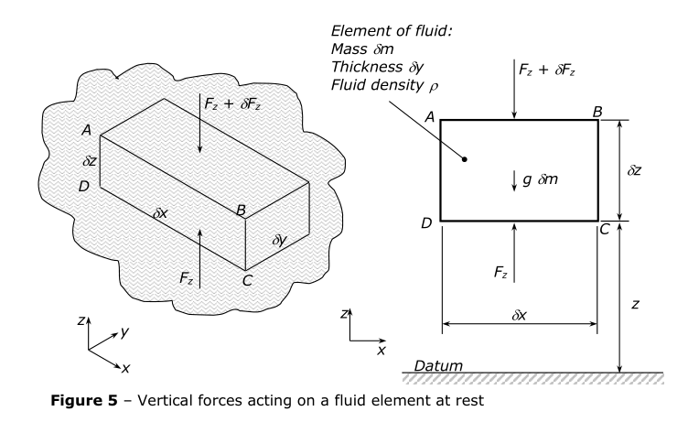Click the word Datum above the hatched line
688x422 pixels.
point(438,365)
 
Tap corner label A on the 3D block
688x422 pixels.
point(85,130)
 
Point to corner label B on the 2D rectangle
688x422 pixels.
point(597,111)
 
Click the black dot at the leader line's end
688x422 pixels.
point(465,158)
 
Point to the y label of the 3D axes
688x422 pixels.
point(124,332)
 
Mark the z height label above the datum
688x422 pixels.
point(635,303)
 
